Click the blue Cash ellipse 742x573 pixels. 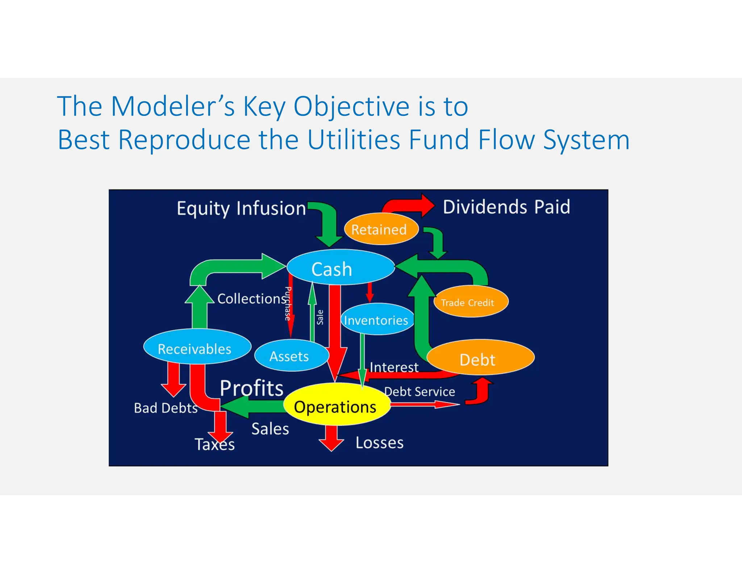point(340,267)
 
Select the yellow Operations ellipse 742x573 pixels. point(337,405)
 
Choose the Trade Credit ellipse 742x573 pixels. point(471,302)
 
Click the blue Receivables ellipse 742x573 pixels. point(197,347)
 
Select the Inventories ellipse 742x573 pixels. point(377,319)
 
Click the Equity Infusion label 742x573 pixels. point(241,209)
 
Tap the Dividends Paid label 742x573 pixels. point(506,207)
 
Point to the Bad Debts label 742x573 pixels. point(166,408)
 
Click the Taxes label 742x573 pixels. point(214,444)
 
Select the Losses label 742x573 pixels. point(379,443)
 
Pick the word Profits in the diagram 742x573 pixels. point(251,388)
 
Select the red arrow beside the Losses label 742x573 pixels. point(331,439)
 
